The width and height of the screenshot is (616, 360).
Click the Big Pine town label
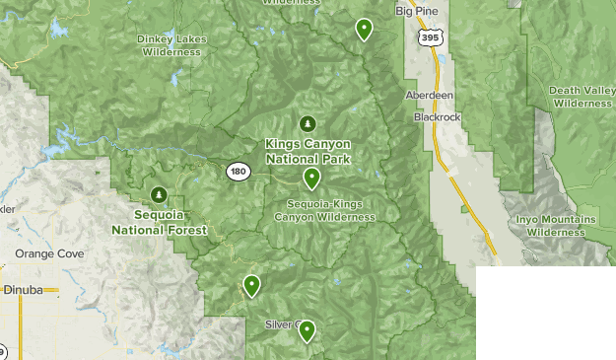[414, 12]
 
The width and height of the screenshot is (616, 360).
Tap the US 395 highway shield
[429, 37]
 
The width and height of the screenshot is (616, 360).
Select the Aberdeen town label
[428, 96]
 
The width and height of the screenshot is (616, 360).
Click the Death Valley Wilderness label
[582, 96]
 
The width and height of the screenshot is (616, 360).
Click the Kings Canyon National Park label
[308, 150]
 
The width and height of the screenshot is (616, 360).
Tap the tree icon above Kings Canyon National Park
[308, 123]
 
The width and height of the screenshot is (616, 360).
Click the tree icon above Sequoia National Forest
[159, 194]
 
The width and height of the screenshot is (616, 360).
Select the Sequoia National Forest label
[159, 222]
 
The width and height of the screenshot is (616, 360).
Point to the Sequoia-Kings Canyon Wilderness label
[323, 209]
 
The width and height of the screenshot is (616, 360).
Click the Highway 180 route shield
[237, 172]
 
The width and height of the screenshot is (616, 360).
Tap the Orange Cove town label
[48, 253]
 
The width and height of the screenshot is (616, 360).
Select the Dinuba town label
[22, 292]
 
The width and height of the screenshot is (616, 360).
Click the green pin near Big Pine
[364, 29]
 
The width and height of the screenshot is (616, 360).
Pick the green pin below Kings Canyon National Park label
[311, 178]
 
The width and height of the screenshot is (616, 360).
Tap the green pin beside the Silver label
[307, 330]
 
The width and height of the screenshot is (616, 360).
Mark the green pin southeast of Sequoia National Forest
[251, 285]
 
